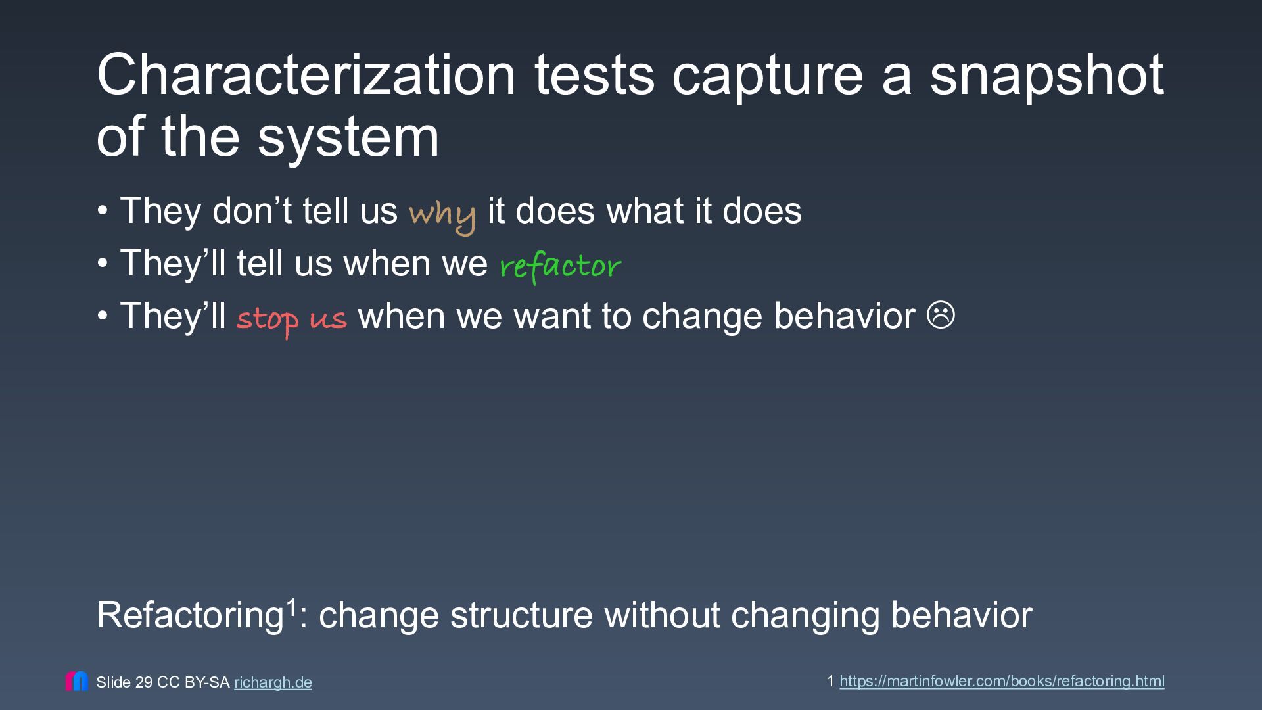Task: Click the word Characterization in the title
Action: click(306, 75)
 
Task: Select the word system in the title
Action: click(348, 139)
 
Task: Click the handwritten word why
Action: click(442, 215)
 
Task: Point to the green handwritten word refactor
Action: click(560, 266)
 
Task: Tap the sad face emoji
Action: click(941, 315)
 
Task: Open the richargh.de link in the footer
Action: click(273, 682)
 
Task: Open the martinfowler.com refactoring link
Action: click(1002, 681)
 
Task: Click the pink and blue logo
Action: click(76, 681)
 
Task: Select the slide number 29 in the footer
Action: click(144, 682)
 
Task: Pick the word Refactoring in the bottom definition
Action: click(190, 615)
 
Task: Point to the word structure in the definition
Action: click(521, 615)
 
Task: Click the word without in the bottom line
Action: click(662, 615)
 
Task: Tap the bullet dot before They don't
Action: click(102, 211)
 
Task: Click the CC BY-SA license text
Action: click(193, 682)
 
